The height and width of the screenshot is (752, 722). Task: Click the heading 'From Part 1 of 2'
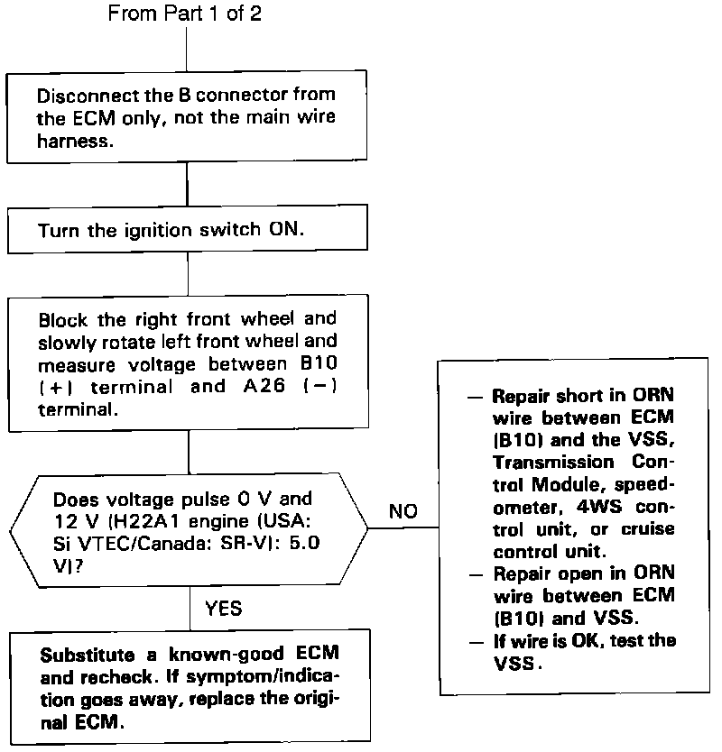185,14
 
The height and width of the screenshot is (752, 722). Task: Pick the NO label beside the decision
403,511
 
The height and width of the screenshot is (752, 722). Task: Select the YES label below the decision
224,609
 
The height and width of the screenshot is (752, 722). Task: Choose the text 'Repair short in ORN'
584,396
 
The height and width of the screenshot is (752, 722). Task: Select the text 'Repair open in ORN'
584,573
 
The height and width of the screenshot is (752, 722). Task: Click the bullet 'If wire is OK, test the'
585,639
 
